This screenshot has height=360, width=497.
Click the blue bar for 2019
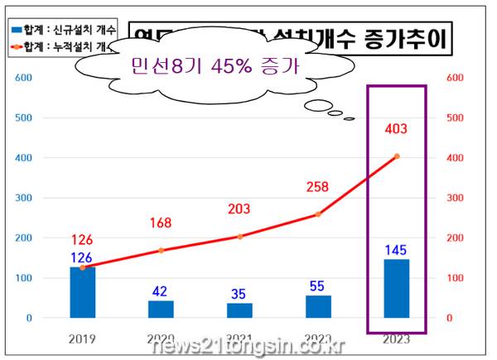82,292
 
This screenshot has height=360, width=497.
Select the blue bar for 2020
161,309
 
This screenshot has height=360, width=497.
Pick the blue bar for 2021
239,310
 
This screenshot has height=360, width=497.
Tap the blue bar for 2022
318,306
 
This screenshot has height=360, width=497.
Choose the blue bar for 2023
397,288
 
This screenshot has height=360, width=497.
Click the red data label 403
397,129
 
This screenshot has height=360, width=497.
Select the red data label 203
239,209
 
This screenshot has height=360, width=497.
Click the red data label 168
162,223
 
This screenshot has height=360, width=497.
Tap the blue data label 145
397,249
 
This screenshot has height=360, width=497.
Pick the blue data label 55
318,285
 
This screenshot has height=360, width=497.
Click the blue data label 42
162,291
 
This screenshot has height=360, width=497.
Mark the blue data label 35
239,293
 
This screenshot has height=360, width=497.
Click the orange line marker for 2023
397,156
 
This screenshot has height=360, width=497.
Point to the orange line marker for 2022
318,214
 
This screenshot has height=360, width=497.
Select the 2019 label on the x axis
82,338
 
